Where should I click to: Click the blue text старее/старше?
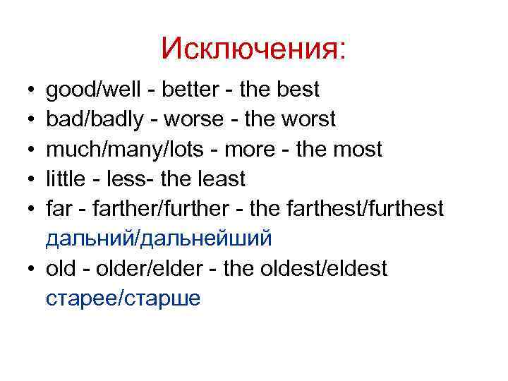click(123, 298)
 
